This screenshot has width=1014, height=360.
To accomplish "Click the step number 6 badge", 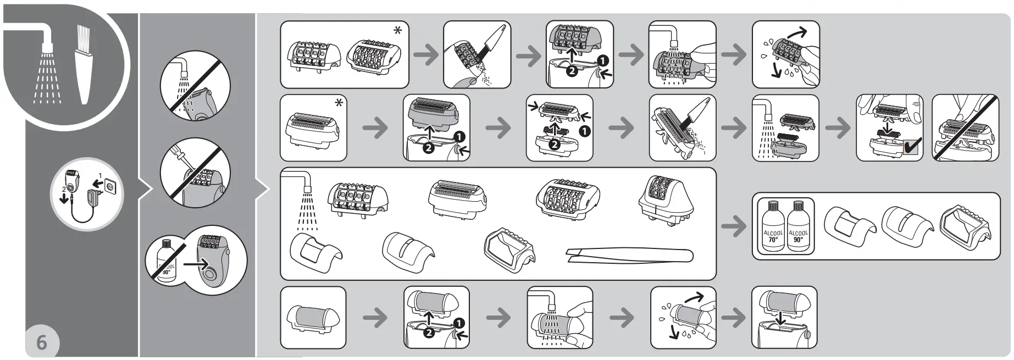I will tap(41, 343).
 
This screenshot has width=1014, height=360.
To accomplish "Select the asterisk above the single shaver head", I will tap(339, 103).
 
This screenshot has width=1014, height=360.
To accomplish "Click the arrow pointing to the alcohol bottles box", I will tap(734, 226).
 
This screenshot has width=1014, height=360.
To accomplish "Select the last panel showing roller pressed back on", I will tap(784, 317).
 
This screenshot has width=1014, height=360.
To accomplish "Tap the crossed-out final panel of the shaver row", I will tap(965, 128).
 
